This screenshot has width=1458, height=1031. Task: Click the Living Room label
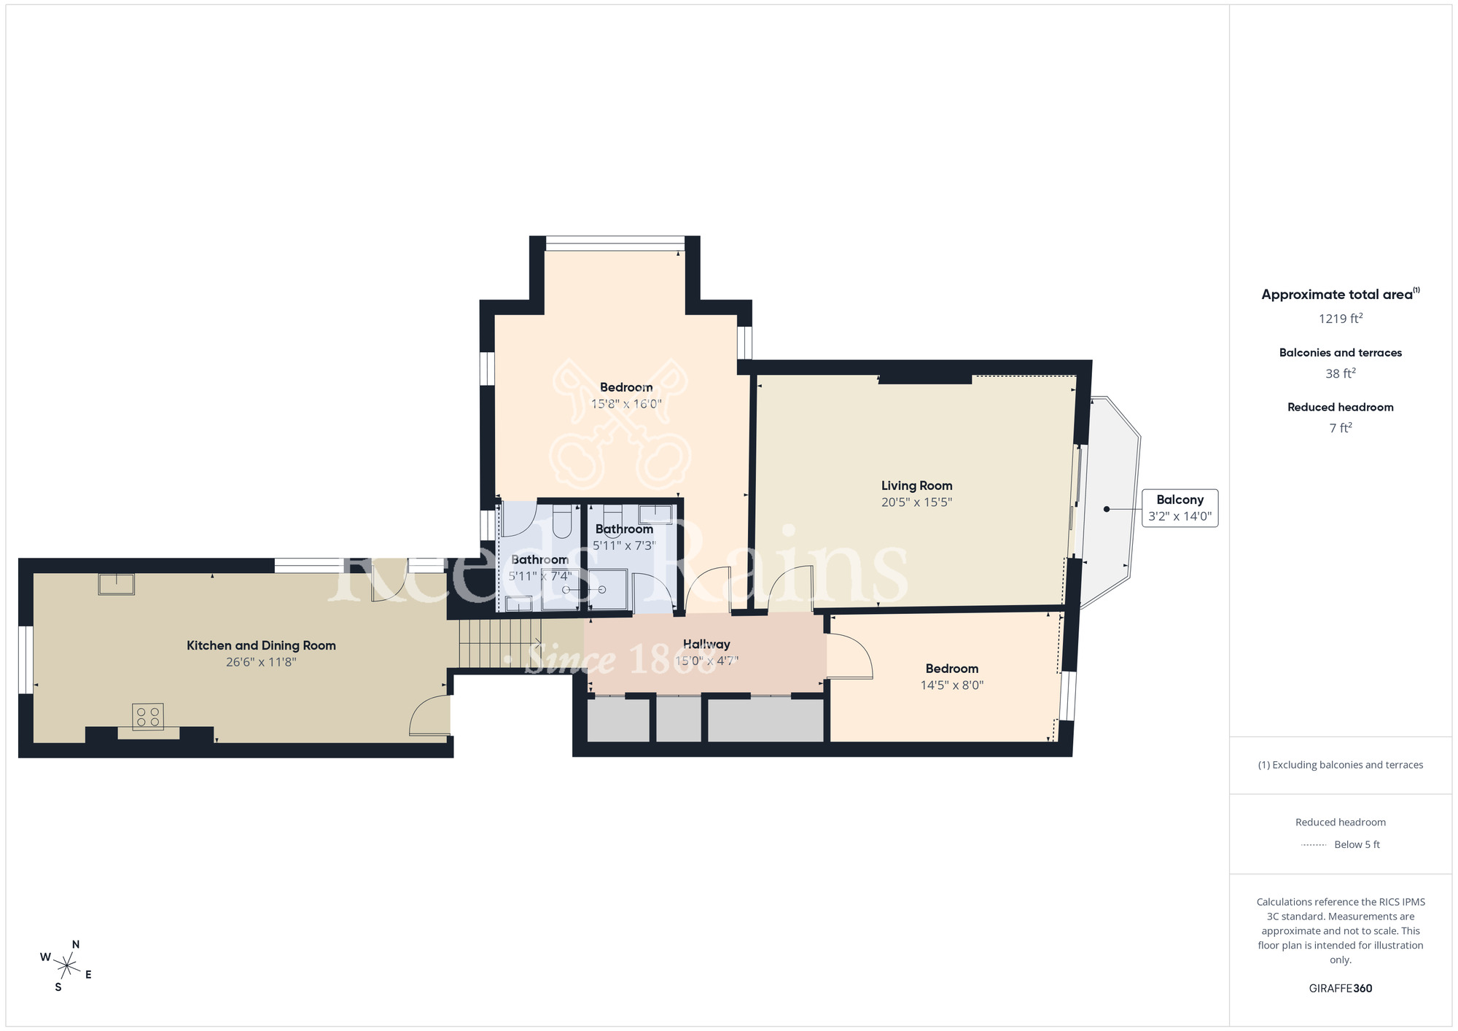(916, 486)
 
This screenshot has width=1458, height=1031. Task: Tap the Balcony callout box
(1180, 508)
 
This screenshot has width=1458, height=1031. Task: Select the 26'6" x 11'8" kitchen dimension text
(261, 662)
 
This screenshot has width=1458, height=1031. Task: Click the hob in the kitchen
(147, 716)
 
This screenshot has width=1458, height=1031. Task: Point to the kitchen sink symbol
(117, 584)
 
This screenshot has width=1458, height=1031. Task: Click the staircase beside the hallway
(499, 643)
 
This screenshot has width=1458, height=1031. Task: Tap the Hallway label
(706, 644)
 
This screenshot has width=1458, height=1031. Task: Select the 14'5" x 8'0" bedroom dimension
(951, 685)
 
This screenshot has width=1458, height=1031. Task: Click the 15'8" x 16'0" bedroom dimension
(625, 404)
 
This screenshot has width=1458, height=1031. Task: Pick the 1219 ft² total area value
(1340, 319)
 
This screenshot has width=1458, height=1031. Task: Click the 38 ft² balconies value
(1340, 373)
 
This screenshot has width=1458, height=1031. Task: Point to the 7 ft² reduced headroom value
(1340, 428)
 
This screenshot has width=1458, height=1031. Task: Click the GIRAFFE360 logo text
(1340, 989)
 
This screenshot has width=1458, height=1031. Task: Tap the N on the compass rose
(75, 945)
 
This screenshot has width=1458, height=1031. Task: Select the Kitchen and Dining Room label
(261, 645)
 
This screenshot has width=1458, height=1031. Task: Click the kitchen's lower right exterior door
(430, 716)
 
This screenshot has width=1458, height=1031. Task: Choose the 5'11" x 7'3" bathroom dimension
(624, 545)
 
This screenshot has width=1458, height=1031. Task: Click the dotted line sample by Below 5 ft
(1313, 845)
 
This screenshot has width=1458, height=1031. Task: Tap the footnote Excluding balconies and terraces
(1340, 765)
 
